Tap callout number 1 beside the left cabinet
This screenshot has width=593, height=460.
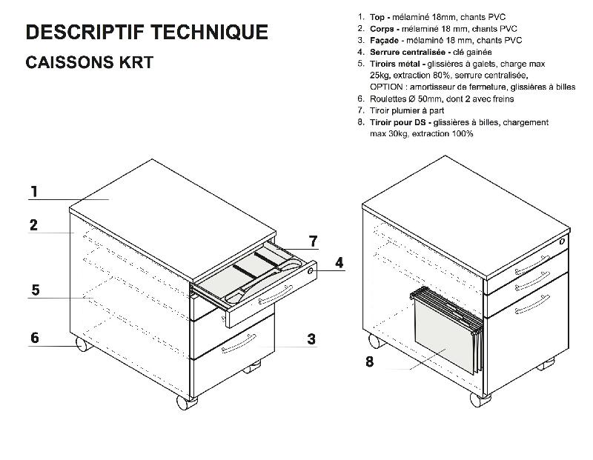(x=34, y=192)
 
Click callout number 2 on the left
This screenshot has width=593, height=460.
(x=34, y=225)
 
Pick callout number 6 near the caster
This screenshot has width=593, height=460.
(x=34, y=338)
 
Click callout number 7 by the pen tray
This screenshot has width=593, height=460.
(x=313, y=241)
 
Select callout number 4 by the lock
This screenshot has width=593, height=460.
(x=339, y=263)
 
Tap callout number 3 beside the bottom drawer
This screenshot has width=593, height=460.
(x=311, y=339)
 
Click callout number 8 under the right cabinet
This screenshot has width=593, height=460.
(x=368, y=361)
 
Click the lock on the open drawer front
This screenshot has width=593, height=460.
(x=310, y=272)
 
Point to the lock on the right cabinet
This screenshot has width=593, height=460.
(x=562, y=241)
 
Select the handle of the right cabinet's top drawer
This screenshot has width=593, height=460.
(x=532, y=261)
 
